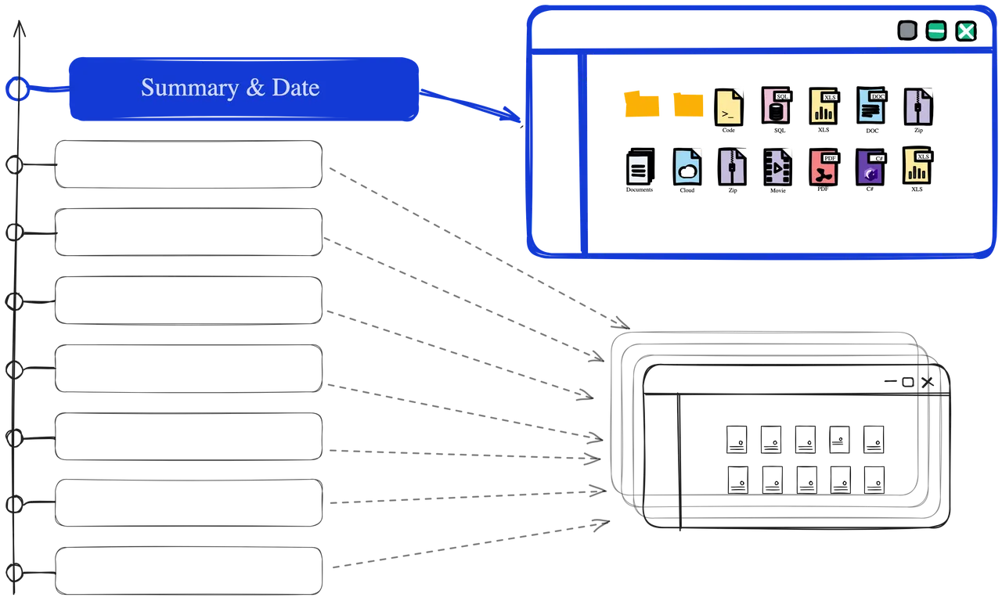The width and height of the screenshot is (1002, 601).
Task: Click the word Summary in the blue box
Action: pos(189,88)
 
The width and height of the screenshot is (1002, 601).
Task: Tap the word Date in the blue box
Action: pos(296,87)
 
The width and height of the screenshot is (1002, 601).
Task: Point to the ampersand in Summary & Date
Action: pos(255,87)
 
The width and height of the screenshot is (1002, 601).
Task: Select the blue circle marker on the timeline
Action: pos(17,88)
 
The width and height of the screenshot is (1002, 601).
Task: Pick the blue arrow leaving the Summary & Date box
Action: pos(470,106)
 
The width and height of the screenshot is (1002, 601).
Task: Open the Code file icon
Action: pos(729,107)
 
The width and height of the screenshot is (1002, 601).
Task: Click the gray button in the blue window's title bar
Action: pos(907,31)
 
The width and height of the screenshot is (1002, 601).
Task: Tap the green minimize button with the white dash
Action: pos(935,31)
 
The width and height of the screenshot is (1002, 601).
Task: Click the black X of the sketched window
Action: pos(928,382)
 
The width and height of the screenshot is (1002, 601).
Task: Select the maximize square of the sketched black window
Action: pos(908,382)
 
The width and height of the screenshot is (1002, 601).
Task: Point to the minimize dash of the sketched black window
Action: pos(891,381)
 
